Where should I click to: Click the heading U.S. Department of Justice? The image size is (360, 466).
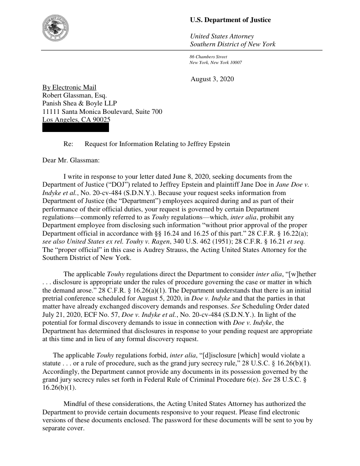pyautogui.click(x=230, y=20)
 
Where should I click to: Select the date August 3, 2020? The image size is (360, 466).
pyautogui.click(x=212, y=79)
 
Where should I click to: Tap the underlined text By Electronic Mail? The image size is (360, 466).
pyautogui.click(x=69, y=87)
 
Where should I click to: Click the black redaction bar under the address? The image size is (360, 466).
pyautogui.click(x=75, y=128)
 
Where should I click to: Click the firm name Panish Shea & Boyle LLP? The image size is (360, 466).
pyautogui.click(x=79, y=103)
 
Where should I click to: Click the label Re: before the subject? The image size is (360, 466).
pyautogui.click(x=68, y=144)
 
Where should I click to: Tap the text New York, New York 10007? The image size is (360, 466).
pyautogui.click(x=215, y=63)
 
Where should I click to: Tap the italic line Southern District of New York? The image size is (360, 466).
pyautogui.click(x=232, y=44)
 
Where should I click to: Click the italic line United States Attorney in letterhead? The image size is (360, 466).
pyautogui.click(x=221, y=36)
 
